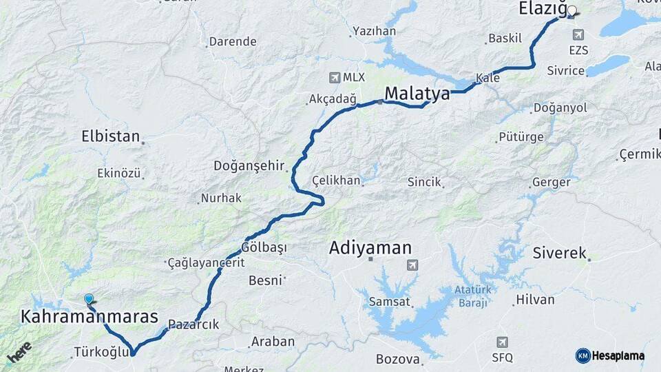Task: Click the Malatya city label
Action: (417, 94)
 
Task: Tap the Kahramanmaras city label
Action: (90, 317)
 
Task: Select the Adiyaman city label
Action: (370, 248)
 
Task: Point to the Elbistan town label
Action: (110, 136)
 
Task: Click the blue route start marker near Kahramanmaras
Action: (88, 299)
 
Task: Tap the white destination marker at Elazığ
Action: (571, 11)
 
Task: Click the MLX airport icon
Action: (335, 77)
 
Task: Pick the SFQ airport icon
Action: (502, 342)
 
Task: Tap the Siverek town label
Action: (559, 253)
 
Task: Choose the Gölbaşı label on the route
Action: (264, 247)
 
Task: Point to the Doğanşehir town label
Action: (249, 165)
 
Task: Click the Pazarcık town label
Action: (193, 324)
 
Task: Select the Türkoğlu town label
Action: (101, 353)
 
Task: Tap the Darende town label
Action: (233, 41)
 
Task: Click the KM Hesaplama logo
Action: (609, 355)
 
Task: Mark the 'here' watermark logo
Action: (19, 351)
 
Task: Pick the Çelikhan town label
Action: (336, 180)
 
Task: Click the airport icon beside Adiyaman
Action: (412, 265)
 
